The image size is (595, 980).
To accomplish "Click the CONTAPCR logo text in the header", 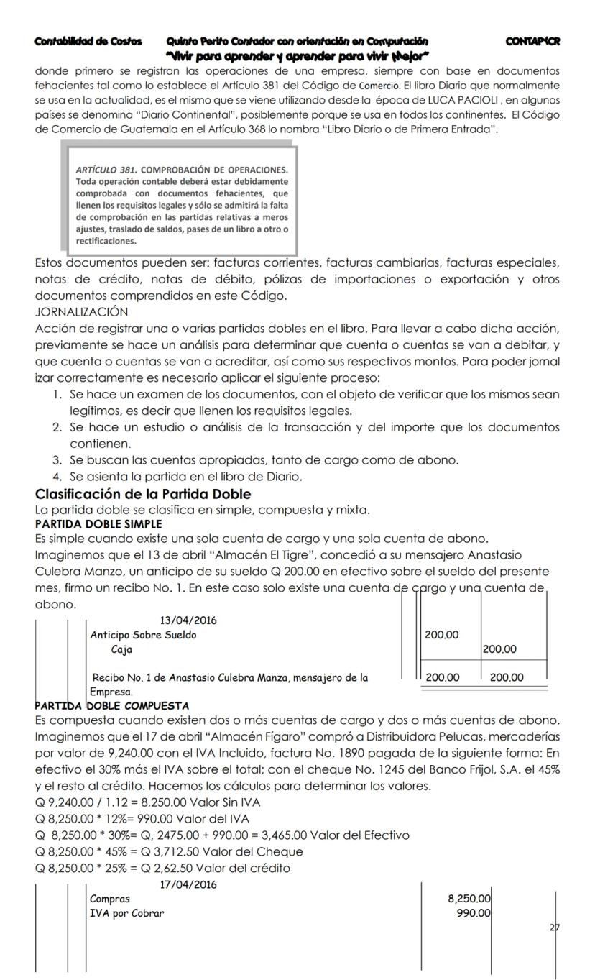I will pyautogui.click(x=532, y=42).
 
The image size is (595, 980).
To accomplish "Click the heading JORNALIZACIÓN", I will pyautogui.click(x=81, y=311).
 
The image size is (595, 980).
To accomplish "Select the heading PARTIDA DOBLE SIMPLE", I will pyautogui.click(x=98, y=524).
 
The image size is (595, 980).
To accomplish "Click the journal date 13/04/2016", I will pyautogui.click(x=188, y=620).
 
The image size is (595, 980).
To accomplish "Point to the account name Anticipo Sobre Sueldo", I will pyautogui.click(x=143, y=635).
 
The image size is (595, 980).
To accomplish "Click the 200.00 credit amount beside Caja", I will pyautogui.click(x=501, y=649).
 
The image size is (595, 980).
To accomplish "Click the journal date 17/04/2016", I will pyautogui.click(x=188, y=884).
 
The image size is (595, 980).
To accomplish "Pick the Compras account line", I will pyautogui.click(x=110, y=899).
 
